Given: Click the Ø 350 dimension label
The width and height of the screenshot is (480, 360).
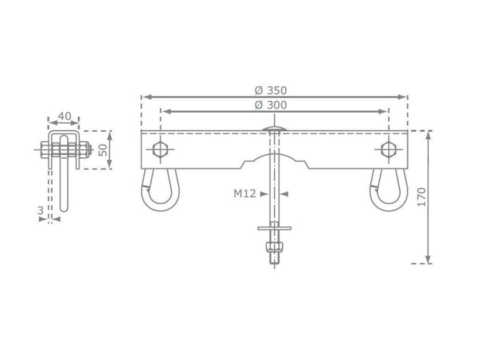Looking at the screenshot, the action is [x=270, y=90].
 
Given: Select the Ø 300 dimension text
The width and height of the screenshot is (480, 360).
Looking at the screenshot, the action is [x=270, y=105].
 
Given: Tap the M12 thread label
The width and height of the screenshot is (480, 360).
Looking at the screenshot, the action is [x=245, y=194].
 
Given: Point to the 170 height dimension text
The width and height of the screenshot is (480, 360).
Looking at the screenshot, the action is [x=421, y=197].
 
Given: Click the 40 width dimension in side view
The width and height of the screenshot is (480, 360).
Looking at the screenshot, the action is [x=65, y=116].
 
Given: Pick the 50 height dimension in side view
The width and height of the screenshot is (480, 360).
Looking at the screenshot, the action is [x=103, y=150].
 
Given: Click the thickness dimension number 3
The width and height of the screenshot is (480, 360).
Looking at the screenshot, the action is [x=41, y=210].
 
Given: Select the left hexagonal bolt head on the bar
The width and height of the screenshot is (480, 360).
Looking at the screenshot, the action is [x=159, y=150].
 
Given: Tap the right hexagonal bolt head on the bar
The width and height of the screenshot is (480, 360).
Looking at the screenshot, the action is [x=389, y=150].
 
